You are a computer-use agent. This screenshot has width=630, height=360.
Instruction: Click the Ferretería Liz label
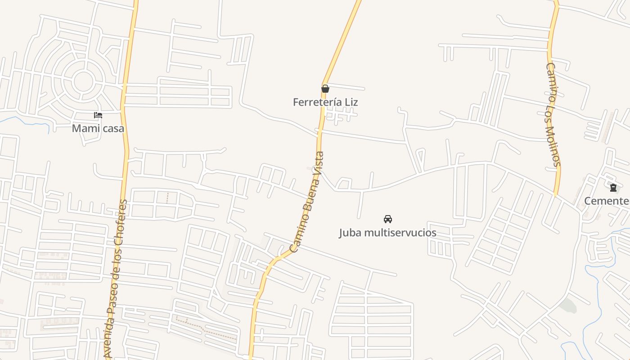[325, 102]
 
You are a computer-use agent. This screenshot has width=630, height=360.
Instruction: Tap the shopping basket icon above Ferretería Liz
[325, 89]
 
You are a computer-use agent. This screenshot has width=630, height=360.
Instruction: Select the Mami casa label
[98, 128]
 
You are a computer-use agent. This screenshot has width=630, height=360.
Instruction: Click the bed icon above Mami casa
[98, 115]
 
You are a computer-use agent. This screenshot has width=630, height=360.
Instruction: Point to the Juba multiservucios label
[387, 233]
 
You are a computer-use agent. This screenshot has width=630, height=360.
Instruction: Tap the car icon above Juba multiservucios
[387, 219]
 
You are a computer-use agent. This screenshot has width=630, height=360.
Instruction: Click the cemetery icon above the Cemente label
[613, 188]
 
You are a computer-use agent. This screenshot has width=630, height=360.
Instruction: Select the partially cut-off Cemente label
[607, 201]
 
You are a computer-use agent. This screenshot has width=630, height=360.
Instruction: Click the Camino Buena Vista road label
[306, 202]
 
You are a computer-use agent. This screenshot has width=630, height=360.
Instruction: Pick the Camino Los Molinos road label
[553, 114]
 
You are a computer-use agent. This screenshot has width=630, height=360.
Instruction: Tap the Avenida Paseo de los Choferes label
[116, 279]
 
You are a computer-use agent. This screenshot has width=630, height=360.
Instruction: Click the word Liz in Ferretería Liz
[351, 102]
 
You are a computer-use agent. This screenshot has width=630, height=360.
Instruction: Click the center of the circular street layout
[83, 81]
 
